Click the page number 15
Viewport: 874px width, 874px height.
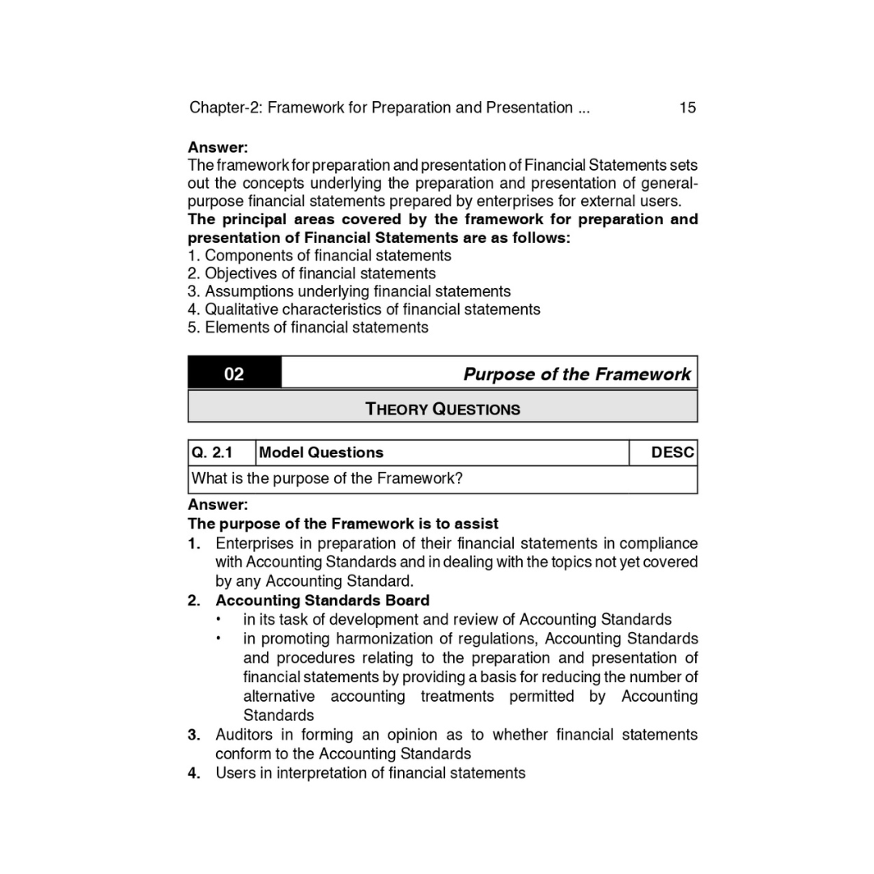point(687,108)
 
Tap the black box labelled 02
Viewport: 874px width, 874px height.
point(234,374)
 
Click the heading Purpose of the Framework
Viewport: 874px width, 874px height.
point(576,374)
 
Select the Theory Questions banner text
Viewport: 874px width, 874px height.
point(443,409)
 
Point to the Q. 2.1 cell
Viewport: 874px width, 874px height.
point(212,452)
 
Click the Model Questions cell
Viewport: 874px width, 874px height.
point(321,452)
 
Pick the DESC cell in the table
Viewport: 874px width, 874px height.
point(672,452)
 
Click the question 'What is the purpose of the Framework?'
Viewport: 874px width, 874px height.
point(327,478)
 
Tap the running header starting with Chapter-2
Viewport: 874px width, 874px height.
point(389,108)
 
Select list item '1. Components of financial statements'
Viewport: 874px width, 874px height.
point(320,256)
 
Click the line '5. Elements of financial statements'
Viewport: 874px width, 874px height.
point(308,327)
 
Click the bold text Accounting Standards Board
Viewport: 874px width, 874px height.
point(322,600)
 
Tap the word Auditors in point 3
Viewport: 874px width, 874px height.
point(243,735)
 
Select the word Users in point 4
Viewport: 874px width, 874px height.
point(234,773)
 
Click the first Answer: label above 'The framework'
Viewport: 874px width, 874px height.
point(218,147)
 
